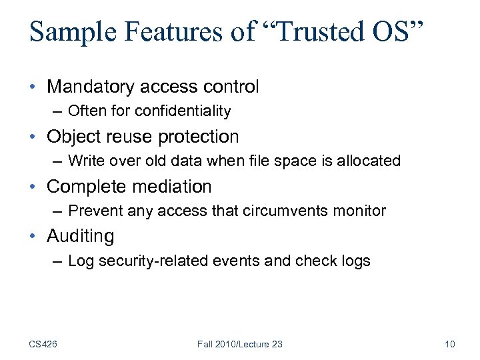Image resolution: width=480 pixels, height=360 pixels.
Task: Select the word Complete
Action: tap(81, 187)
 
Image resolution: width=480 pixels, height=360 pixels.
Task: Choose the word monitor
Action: tap(362, 211)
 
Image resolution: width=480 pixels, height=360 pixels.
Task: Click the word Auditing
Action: tap(80, 236)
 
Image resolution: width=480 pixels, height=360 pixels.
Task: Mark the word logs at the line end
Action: tap(355, 261)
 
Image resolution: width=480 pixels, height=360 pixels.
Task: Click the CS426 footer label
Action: tap(43, 344)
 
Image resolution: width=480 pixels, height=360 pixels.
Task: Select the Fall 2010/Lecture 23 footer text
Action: tap(240, 344)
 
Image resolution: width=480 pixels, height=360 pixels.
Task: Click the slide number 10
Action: tap(449, 344)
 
